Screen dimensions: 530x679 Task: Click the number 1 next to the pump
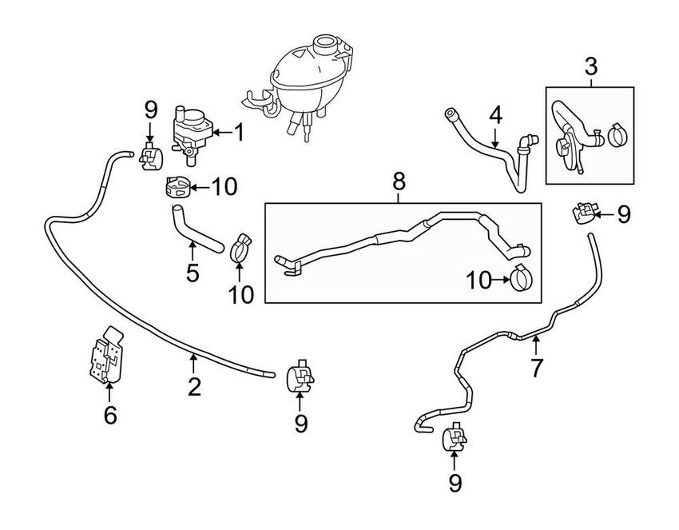tap(238, 133)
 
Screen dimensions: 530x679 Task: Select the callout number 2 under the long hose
tap(194, 388)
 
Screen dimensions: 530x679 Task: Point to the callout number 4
tap(496, 114)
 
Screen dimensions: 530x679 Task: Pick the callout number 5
tap(193, 273)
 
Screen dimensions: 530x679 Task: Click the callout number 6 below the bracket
tap(110, 415)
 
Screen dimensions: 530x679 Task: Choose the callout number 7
tap(537, 369)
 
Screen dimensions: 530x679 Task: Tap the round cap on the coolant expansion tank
tap(328, 43)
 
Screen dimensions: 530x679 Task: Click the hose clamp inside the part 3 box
tap(617, 135)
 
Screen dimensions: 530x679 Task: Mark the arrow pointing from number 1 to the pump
tap(220, 133)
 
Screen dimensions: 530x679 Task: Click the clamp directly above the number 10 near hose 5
tap(240, 248)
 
